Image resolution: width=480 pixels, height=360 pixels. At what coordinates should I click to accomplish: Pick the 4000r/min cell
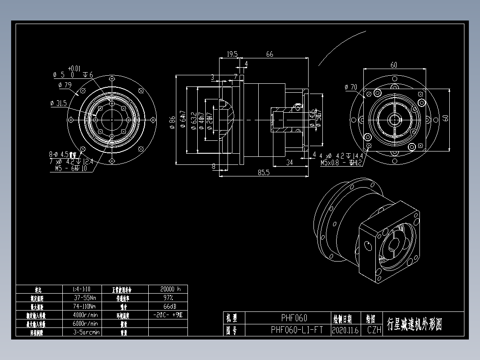tap(86, 315)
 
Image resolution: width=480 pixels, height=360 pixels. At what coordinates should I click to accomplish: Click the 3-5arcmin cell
tap(86, 332)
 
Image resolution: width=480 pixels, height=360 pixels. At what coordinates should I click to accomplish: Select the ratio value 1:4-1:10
tap(81, 289)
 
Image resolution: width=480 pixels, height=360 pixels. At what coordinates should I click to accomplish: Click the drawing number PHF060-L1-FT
tap(297, 330)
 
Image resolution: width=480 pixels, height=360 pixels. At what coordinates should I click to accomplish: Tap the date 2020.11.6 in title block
tap(345, 330)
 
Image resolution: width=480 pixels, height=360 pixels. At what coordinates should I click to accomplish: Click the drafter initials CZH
tap(374, 330)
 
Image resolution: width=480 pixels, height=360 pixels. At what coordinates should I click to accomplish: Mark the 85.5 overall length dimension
tap(264, 172)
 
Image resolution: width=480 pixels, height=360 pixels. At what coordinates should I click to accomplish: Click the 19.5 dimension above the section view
tap(232, 54)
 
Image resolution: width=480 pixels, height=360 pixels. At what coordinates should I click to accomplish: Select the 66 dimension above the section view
tap(269, 54)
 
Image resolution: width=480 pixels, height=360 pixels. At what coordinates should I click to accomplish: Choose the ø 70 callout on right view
tap(351, 87)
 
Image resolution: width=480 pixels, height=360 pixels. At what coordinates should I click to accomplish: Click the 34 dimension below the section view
tap(289, 162)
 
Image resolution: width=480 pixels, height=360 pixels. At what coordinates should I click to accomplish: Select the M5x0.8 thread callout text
tap(333, 163)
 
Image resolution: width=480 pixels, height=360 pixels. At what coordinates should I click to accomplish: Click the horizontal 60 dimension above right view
tap(394, 65)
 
